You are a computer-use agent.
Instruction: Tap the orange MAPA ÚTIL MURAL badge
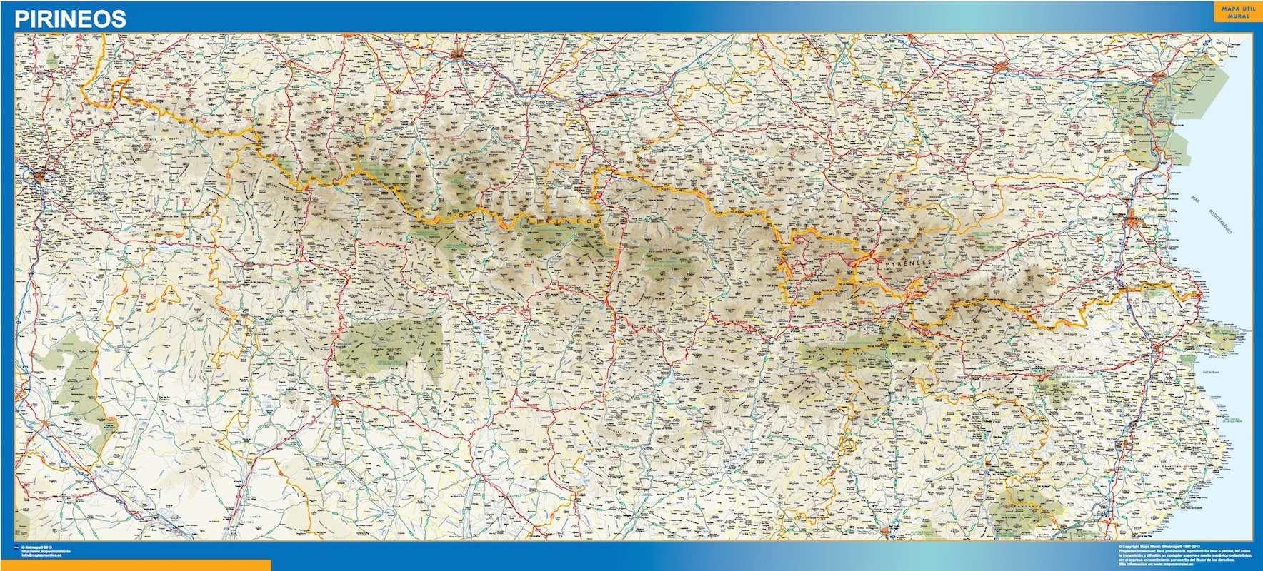(x=1233, y=12)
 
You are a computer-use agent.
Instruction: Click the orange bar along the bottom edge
(x=136, y=565)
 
